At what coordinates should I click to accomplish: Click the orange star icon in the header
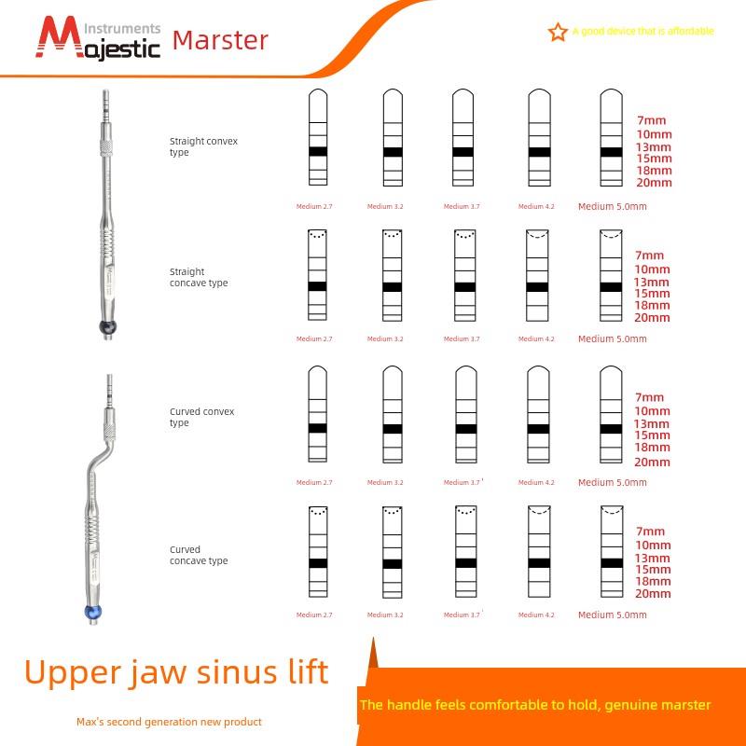tap(558, 33)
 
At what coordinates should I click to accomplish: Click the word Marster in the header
tap(221, 40)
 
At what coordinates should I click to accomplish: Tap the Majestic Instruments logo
tap(99, 38)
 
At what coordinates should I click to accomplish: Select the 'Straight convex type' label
tap(203, 146)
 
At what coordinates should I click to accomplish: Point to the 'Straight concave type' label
tap(198, 278)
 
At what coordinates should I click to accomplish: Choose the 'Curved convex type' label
tap(201, 417)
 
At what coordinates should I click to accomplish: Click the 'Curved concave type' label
tap(198, 555)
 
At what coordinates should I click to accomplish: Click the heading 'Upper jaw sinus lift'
tap(176, 672)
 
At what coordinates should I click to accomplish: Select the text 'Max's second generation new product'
tap(169, 722)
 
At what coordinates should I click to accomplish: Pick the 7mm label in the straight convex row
tap(651, 120)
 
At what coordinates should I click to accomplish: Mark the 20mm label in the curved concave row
tap(653, 593)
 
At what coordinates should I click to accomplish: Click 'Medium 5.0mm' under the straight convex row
tap(612, 206)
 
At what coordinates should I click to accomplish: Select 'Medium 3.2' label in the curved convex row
tap(385, 482)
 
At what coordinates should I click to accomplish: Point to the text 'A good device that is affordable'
tap(643, 31)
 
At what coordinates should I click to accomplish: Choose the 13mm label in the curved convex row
tap(653, 423)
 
